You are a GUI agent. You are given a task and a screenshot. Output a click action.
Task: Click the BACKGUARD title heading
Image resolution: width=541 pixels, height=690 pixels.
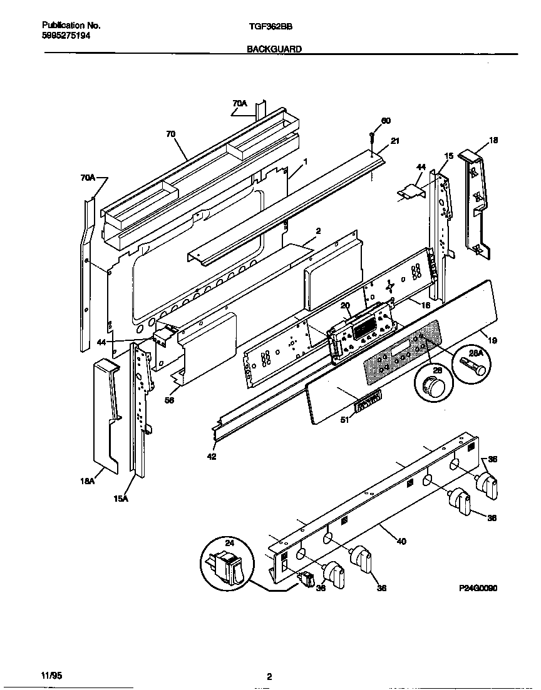point(274,48)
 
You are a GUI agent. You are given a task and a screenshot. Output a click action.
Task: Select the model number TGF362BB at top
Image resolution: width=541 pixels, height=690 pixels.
point(270,26)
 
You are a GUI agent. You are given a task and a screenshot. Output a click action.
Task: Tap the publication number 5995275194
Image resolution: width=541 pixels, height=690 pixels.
point(66,36)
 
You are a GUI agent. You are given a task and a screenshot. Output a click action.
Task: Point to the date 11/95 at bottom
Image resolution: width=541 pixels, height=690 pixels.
point(52,676)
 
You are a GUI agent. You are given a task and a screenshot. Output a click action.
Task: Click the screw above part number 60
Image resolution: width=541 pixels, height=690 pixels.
point(371,136)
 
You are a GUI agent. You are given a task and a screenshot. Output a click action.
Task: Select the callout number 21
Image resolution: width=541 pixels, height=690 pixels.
point(394,141)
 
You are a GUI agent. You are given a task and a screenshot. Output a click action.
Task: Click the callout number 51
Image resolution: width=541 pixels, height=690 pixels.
point(343,420)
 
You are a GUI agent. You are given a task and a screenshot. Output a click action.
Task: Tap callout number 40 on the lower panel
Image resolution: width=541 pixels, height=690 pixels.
point(401,541)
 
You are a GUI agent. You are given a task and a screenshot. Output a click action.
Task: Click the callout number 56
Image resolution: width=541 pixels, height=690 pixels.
point(169,401)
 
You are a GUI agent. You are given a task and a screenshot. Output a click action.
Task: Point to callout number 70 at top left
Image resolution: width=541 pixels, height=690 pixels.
point(171,133)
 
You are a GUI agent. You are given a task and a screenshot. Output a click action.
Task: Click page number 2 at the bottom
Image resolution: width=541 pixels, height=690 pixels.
point(269,676)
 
